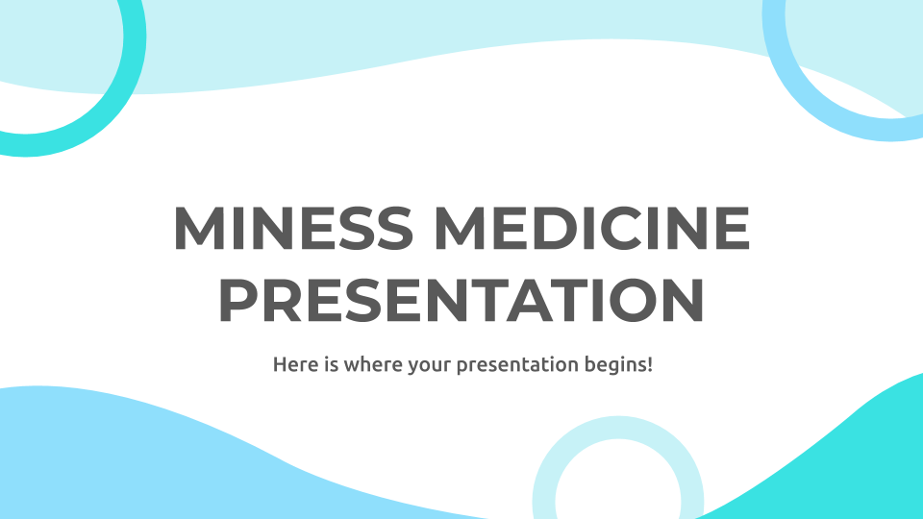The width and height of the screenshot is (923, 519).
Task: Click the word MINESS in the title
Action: pos(293,228)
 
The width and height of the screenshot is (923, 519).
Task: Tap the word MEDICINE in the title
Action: pos(592,228)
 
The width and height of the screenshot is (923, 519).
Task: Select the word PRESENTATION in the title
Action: pos(462,300)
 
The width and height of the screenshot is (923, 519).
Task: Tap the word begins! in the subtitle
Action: pos(618,365)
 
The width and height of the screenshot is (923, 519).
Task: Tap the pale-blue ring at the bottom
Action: pos(618,427)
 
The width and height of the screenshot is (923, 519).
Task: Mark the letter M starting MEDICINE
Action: pos(461,228)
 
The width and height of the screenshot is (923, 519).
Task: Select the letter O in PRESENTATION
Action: pos(629,300)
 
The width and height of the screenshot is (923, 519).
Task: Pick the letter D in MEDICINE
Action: pos(559,228)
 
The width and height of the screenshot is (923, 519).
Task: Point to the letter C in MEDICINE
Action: pos(630,228)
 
